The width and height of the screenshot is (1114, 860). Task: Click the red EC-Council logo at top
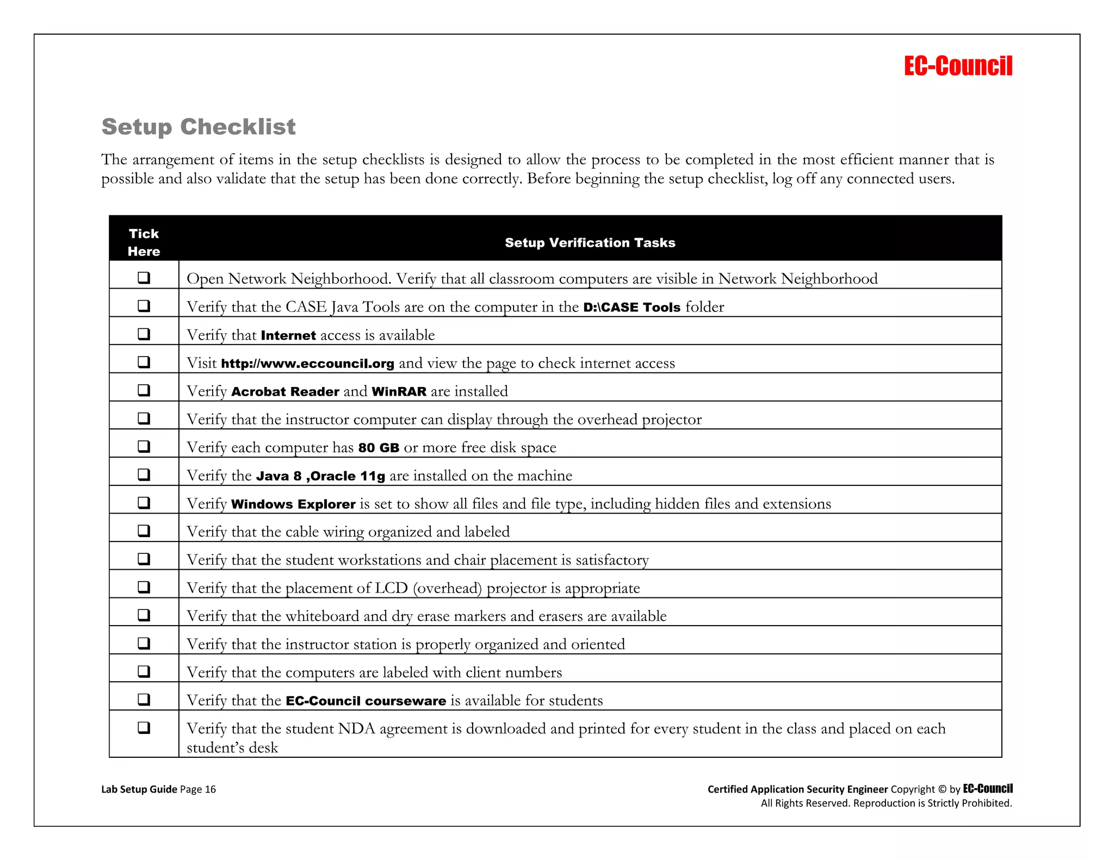point(958,66)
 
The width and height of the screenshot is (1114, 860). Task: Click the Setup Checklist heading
point(199,127)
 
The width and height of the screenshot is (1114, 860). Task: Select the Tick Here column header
point(144,242)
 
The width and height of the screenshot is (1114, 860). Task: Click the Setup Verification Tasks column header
point(590,242)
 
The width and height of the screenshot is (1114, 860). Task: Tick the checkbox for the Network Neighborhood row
point(144,278)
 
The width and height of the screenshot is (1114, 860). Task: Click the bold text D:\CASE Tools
point(632,307)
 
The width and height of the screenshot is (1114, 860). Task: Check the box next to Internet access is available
point(144,334)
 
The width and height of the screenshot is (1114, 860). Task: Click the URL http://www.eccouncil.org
point(307,364)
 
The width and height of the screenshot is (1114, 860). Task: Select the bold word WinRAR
point(399,391)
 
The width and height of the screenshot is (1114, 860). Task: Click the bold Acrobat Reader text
point(285,391)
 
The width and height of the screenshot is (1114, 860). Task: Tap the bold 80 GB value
point(379,448)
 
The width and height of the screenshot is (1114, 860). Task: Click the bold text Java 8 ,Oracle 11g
point(320,476)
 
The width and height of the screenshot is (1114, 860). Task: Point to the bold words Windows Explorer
point(293,504)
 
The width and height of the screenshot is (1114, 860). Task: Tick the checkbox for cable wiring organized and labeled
point(144,531)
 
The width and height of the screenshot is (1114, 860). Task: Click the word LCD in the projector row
point(391,588)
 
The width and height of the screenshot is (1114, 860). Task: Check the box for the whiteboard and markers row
point(144,615)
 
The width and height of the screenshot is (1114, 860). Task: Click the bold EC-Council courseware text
point(366,701)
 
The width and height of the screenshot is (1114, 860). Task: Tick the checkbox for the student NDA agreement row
point(144,727)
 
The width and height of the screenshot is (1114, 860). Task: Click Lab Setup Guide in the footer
point(139,789)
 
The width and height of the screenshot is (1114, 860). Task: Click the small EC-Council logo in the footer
point(987,789)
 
